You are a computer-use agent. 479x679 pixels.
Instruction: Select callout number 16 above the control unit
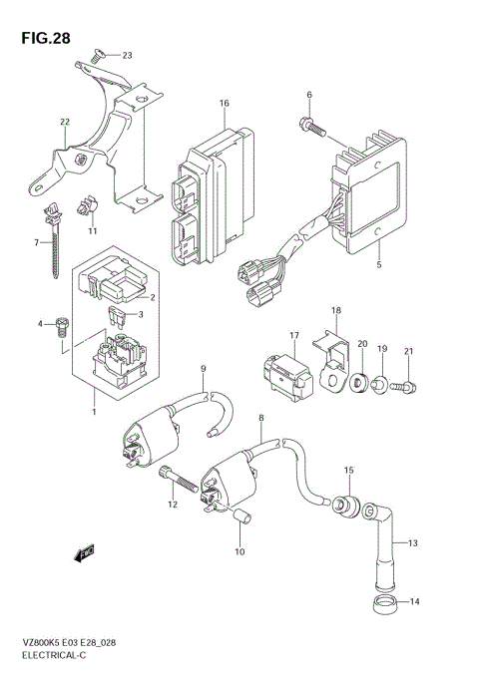tap(225, 104)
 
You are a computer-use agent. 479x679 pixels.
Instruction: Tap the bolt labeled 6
tap(311, 125)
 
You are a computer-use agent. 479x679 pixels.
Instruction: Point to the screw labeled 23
tap(97, 58)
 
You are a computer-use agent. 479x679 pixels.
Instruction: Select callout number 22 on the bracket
tap(65, 123)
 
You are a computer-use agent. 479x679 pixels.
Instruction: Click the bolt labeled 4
tap(61, 323)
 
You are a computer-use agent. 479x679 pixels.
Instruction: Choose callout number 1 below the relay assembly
tap(94, 410)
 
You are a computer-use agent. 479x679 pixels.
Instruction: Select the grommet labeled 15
tap(347, 506)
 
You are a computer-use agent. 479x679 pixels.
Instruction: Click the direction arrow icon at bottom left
tap(85, 549)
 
